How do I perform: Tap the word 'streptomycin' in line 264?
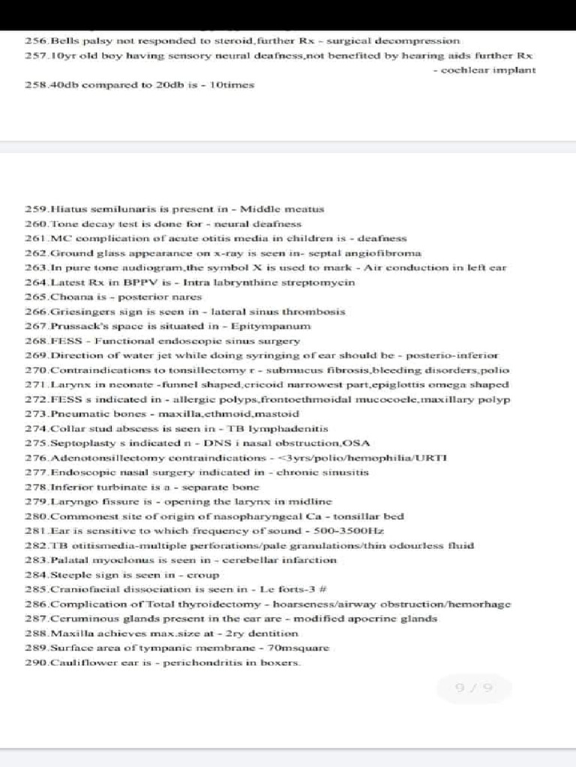322,282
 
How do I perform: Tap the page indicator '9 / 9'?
474,688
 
